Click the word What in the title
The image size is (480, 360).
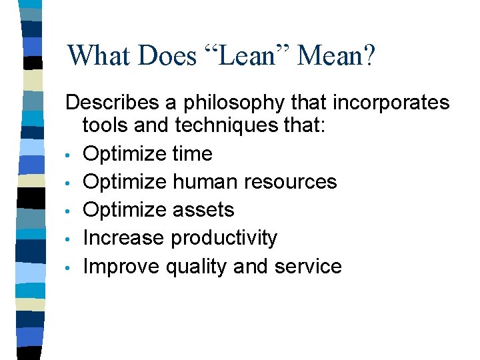pyautogui.click(x=99, y=56)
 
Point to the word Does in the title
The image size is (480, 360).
pyautogui.click(x=167, y=56)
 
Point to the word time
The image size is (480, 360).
pyautogui.click(x=192, y=153)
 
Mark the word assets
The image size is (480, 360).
pyautogui.click(x=203, y=210)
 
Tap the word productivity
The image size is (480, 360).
pyautogui.click(x=224, y=239)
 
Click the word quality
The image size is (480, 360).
pyautogui.click(x=196, y=267)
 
